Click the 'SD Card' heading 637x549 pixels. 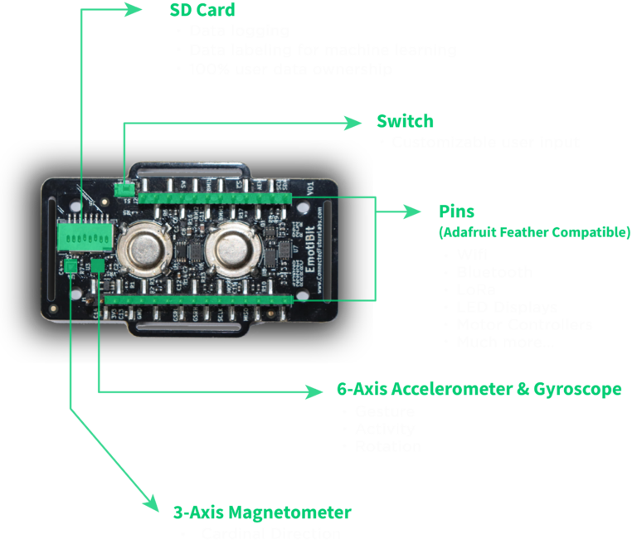[202, 11]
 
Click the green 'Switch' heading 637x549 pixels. [404, 122]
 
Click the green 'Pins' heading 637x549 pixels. [456, 212]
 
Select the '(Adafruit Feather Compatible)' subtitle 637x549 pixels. [534, 232]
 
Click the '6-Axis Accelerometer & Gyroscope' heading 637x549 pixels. [479, 390]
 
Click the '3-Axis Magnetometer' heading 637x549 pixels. [262, 512]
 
